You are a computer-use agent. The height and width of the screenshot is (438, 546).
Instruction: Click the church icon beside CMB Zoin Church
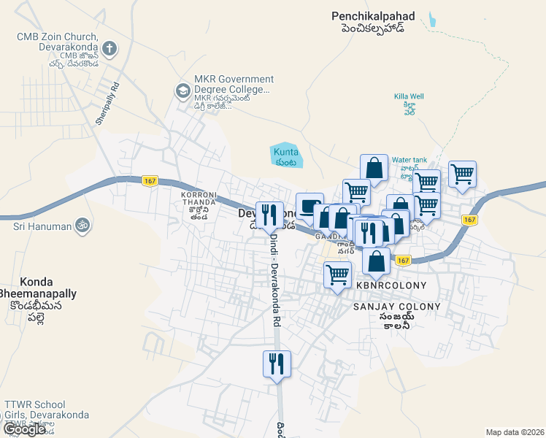click(109, 50)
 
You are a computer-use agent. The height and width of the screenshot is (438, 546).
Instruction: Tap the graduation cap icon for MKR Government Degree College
click(182, 91)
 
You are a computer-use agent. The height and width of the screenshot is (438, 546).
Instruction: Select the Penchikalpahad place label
click(372, 15)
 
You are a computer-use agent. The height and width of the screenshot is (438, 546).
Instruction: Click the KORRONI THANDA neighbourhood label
click(199, 195)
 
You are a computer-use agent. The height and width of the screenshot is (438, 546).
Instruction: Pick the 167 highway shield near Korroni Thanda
click(150, 180)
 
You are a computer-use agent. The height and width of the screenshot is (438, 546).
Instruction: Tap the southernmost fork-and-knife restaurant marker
click(277, 364)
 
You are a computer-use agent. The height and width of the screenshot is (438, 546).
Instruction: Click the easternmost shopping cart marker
click(462, 174)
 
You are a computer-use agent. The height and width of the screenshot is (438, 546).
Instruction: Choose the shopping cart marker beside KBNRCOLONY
click(337, 275)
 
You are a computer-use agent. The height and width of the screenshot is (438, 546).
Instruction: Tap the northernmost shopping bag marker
click(374, 167)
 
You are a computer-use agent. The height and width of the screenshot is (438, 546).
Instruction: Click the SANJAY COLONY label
click(396, 307)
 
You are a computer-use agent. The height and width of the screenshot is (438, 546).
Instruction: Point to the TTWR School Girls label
click(45, 410)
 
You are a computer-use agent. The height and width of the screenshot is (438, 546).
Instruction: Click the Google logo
click(24, 429)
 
